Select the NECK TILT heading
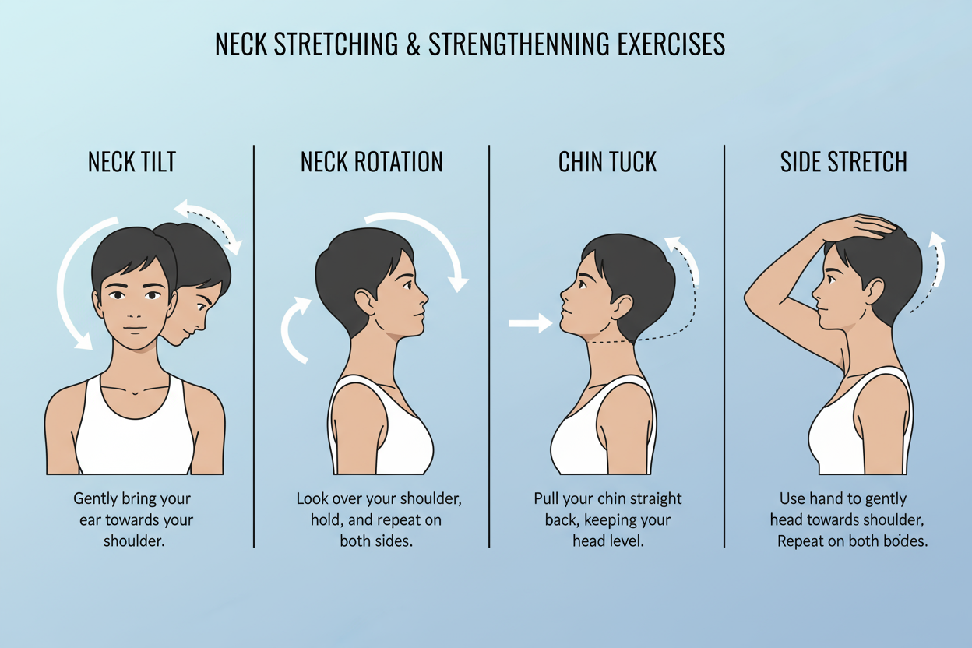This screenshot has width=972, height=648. click(x=132, y=162)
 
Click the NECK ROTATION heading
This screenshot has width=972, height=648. click(x=372, y=162)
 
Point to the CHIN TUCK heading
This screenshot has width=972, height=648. click(x=607, y=162)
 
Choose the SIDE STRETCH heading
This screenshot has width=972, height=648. click(x=843, y=162)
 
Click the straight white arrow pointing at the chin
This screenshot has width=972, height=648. click(x=530, y=323)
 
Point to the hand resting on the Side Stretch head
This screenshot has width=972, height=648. click(x=857, y=228)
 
